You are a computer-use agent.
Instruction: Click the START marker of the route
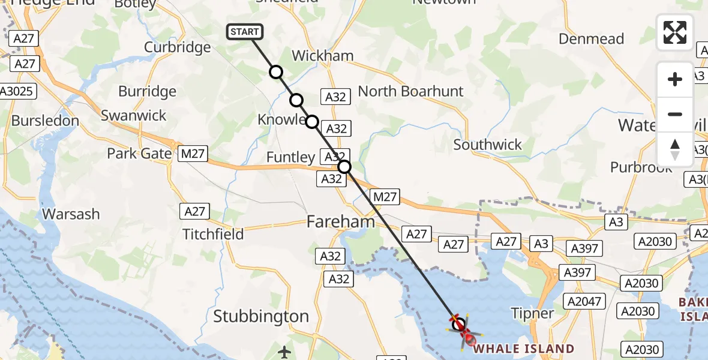click(x=245, y=32)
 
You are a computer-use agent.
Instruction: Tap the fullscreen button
click(x=675, y=32)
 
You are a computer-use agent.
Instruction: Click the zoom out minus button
click(x=675, y=114)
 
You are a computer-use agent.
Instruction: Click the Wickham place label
click(x=322, y=56)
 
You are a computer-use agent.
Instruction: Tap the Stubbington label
click(x=261, y=316)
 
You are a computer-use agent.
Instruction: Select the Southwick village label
click(x=487, y=145)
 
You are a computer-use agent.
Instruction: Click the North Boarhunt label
click(x=410, y=91)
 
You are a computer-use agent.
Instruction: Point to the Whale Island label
click(x=524, y=348)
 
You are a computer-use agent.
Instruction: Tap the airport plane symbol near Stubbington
click(x=286, y=350)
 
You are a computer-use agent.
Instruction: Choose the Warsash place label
click(x=71, y=214)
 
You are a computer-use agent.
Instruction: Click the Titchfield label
click(x=213, y=233)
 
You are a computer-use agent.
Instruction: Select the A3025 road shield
click(x=18, y=91)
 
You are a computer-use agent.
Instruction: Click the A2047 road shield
click(x=585, y=301)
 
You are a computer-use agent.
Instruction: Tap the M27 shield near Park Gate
click(x=193, y=154)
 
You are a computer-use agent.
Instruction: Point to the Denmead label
click(x=591, y=39)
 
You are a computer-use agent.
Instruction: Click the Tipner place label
click(x=532, y=313)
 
